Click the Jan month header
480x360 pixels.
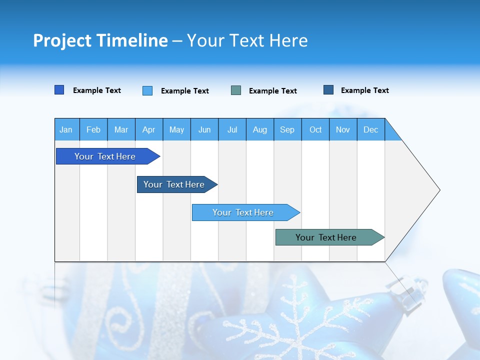point(66,129)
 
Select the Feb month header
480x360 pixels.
point(93,129)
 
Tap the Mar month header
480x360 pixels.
point(121,129)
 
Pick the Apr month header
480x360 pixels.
point(149,129)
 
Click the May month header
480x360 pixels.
point(176,129)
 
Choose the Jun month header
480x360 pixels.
point(204,129)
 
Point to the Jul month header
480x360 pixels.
point(232,129)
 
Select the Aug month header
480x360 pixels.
point(260,129)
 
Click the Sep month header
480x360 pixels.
point(287,129)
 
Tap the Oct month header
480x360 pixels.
point(315,129)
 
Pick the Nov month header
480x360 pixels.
point(343,129)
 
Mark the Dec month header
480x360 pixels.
point(371,129)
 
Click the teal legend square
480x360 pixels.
point(236,90)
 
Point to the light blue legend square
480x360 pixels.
point(147,90)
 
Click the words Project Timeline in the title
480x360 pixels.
point(100,40)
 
